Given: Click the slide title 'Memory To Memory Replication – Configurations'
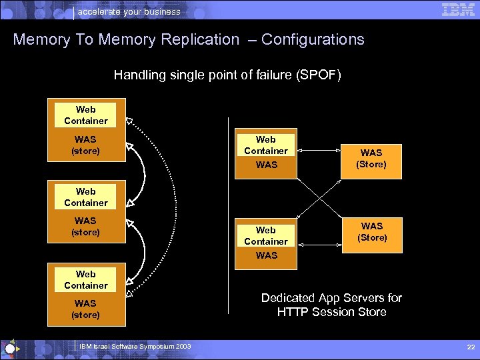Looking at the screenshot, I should click(189, 39).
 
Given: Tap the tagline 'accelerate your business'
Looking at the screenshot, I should click(129, 11).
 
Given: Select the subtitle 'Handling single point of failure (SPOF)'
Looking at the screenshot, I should click(227, 75).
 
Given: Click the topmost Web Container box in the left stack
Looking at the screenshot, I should click(85, 115).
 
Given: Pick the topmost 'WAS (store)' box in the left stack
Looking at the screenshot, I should click(85, 145).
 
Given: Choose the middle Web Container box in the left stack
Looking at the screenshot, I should click(85, 197).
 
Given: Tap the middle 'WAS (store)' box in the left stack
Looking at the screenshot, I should click(85, 227).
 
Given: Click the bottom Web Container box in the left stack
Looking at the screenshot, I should click(85, 279).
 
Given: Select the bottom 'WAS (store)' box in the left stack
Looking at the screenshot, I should click(85, 309).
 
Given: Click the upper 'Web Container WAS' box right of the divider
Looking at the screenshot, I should click(265, 153).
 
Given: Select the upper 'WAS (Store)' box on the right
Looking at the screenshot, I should click(371, 159).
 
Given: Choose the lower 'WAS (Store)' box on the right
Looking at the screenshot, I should click(371, 233).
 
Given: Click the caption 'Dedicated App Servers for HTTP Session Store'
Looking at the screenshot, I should click(331, 305).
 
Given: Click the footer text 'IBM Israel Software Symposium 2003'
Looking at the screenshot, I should click(135, 347).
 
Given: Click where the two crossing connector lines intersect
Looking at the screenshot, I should click(319, 196).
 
